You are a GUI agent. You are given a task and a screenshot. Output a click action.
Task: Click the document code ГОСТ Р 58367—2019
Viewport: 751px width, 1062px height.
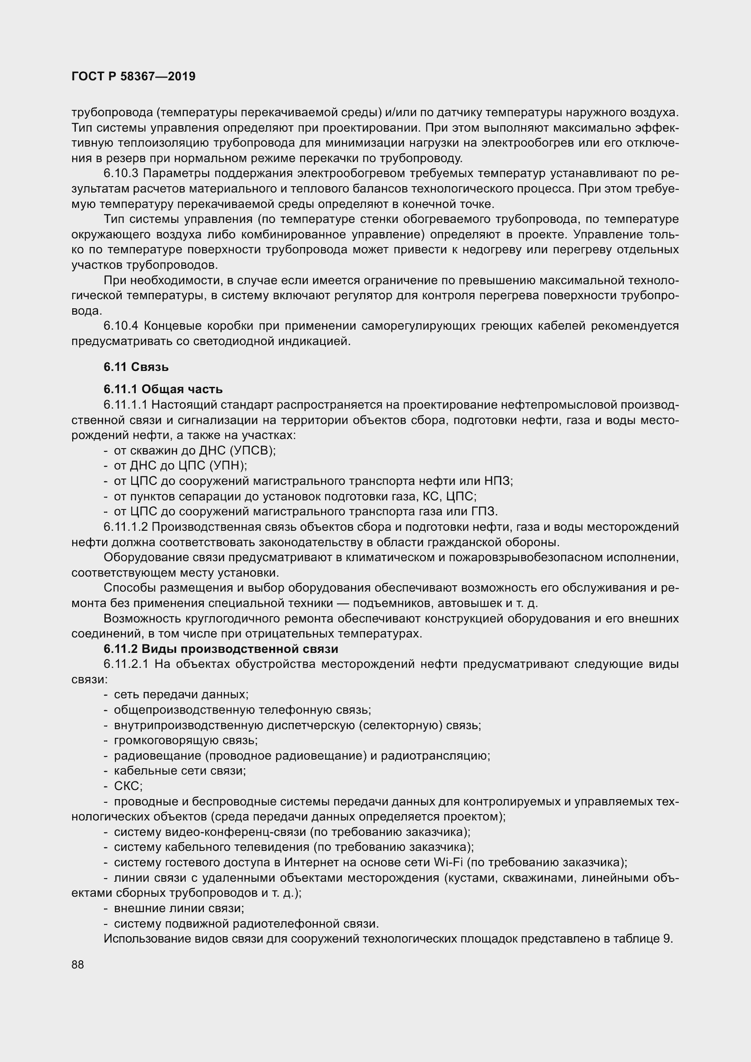[133, 76]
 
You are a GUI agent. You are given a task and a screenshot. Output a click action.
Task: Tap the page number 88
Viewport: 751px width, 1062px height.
[78, 964]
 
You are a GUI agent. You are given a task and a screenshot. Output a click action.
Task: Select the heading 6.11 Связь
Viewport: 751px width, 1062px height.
[136, 367]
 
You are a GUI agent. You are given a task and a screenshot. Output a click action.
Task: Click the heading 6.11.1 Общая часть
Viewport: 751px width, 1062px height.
[163, 389]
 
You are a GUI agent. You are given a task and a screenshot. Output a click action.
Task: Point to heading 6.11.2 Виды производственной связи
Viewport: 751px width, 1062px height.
[221, 648]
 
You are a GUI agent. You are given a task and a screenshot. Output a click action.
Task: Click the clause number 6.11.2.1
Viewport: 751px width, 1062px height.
[126, 664]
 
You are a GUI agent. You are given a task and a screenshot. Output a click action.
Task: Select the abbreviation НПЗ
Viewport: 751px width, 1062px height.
[498, 481]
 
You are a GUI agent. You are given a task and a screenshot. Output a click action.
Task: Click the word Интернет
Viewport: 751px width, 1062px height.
[311, 862]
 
